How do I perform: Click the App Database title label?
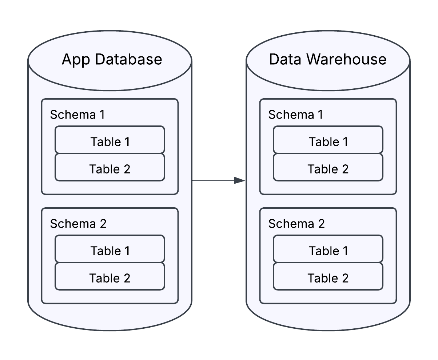[x=112, y=59]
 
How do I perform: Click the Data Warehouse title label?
[x=327, y=59]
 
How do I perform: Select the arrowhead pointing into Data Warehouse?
[x=240, y=180]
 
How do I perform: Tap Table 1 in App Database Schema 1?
[x=110, y=141]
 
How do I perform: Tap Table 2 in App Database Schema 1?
[x=110, y=169]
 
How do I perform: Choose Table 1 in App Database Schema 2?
[x=110, y=251]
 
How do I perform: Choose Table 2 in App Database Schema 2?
[x=110, y=278]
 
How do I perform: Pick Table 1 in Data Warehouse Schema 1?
[x=328, y=141]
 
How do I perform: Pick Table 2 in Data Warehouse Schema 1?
[x=328, y=169]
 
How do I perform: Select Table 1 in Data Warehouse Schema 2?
[x=328, y=251]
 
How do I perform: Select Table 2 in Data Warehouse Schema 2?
[x=328, y=278]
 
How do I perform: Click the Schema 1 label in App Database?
[x=77, y=115]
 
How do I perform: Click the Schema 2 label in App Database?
[x=78, y=224]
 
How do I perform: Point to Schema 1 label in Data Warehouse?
[x=296, y=115]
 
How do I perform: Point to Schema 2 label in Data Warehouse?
[x=296, y=224]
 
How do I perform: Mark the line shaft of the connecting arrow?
[x=213, y=180]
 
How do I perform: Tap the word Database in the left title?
[x=128, y=59]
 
